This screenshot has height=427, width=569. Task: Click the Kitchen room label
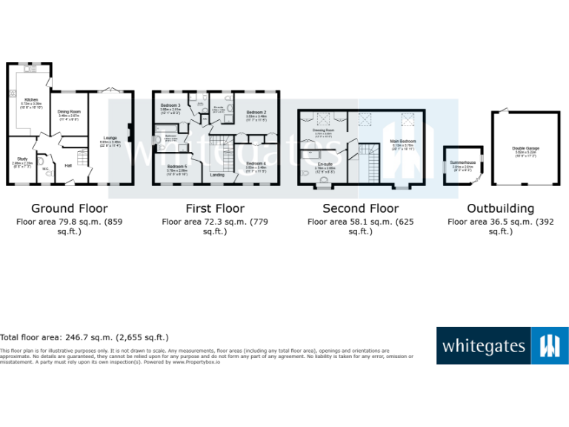(x=31, y=99)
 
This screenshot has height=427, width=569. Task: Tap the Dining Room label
(x=69, y=112)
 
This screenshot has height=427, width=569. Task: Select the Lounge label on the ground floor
(x=110, y=138)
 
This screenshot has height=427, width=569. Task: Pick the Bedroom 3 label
(x=170, y=106)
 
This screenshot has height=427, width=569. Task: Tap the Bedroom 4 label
(x=256, y=163)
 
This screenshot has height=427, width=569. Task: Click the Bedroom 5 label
(x=176, y=166)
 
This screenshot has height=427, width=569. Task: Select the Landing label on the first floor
(x=217, y=175)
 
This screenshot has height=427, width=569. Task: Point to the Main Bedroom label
(x=404, y=141)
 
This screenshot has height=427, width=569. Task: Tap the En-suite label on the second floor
(x=325, y=164)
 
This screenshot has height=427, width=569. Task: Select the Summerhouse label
(x=462, y=163)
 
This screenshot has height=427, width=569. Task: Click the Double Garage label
(x=526, y=148)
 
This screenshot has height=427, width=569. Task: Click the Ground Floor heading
(x=69, y=208)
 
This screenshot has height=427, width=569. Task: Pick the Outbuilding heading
(x=500, y=208)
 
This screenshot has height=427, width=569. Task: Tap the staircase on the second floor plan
(x=369, y=162)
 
